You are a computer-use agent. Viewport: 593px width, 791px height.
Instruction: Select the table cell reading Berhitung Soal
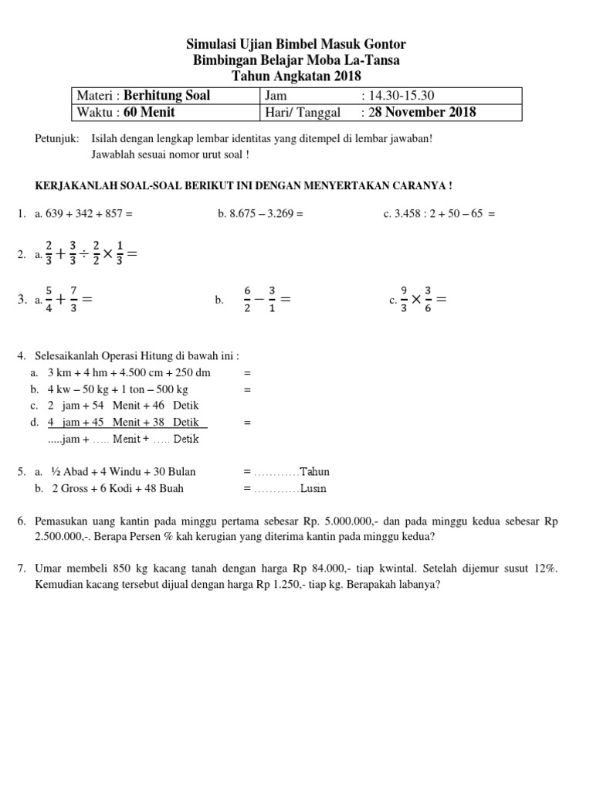pyautogui.click(x=167, y=96)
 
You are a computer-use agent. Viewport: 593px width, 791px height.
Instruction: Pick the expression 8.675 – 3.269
pyautogui.click(x=262, y=214)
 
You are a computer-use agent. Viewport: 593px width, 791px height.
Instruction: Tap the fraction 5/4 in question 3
pyautogui.click(x=50, y=298)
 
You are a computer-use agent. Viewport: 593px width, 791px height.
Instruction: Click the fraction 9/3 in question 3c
pyautogui.click(x=404, y=298)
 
